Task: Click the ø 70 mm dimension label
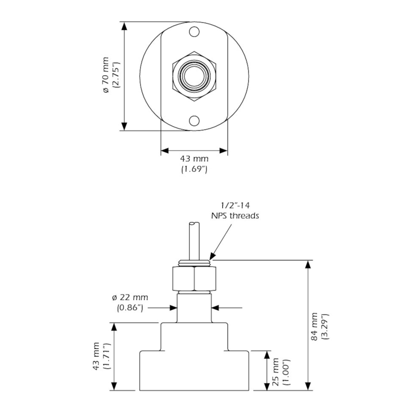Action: point(106,76)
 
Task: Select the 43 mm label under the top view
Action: point(194,159)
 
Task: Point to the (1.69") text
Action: point(194,169)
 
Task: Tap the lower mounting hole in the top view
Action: point(194,121)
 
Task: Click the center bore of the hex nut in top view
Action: point(194,76)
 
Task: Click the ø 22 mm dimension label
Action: point(130,298)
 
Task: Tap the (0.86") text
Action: point(130,308)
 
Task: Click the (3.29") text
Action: point(325,326)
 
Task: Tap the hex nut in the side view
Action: point(194,278)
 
